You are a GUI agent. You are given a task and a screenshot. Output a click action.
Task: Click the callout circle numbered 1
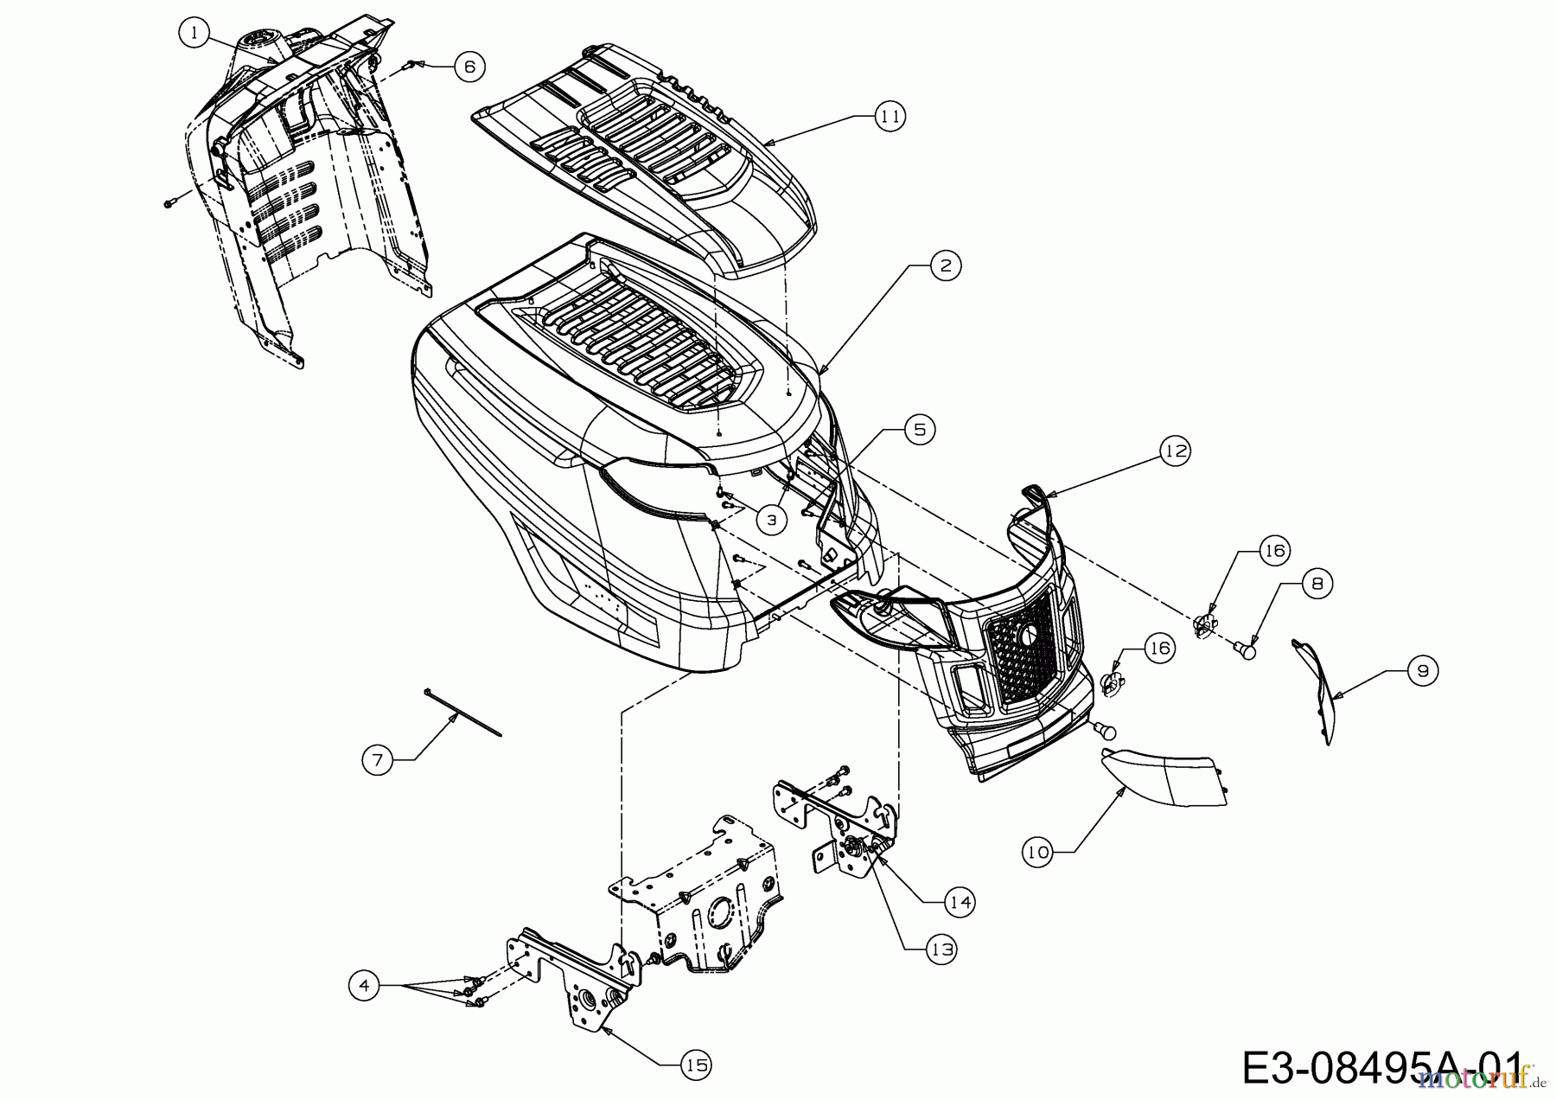[x=195, y=34]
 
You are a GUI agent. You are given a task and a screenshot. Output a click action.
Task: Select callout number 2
[x=946, y=265]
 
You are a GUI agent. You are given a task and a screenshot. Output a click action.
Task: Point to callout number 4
[x=366, y=986]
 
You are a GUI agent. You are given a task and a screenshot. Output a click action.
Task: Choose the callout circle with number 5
[x=920, y=429]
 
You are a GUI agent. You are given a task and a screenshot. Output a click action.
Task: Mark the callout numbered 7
[x=377, y=760]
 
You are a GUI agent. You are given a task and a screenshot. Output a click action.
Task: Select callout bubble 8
[x=1317, y=584]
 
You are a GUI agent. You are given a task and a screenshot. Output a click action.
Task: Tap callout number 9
[x=1422, y=670]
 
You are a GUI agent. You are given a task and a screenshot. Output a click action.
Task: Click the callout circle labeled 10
[x=1037, y=852]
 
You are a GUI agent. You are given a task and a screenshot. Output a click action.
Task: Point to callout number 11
[x=890, y=115]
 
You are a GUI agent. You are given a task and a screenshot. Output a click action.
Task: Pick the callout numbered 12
[x=1175, y=451]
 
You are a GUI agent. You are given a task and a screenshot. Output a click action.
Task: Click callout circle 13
[x=942, y=949]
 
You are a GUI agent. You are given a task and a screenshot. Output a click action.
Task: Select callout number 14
[x=960, y=901]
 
